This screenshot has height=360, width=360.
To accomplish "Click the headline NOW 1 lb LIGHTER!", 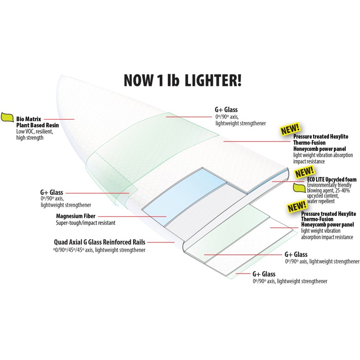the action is pyautogui.click(x=183, y=80).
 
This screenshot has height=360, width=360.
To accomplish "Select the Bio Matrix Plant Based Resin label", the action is pyautogui.click(x=37, y=122).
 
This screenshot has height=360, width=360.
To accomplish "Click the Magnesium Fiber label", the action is pyautogui.click(x=76, y=216).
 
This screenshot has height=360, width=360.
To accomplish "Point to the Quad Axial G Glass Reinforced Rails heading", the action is pyautogui.click(x=99, y=242).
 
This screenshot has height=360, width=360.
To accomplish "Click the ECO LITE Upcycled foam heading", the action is pyautogui.click(x=332, y=180).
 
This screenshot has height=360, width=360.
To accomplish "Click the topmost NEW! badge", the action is pyautogui.click(x=290, y=129).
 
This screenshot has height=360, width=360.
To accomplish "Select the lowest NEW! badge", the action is pyautogui.click(x=297, y=207).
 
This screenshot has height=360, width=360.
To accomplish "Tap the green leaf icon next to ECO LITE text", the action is pyautogui.click(x=300, y=187).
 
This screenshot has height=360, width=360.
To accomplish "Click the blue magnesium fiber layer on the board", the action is pyautogui.click(x=184, y=195).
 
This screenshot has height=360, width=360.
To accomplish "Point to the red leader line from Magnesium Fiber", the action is pyautogui.click(x=132, y=216).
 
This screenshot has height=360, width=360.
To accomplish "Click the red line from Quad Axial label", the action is pyautogui.click(x=161, y=242).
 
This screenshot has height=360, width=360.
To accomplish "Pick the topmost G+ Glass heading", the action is pyautogui.click(x=226, y=110).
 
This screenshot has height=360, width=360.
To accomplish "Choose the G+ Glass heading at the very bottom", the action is pyautogui.click(x=264, y=274).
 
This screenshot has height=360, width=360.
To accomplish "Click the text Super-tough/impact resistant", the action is pyautogui.click(x=85, y=223).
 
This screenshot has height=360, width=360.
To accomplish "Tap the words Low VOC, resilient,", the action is pyautogui.click(x=35, y=132).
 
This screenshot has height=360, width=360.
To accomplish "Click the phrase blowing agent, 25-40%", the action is pyautogui.click(x=328, y=190).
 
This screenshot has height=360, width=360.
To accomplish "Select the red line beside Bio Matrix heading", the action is pyautogui.click(x=59, y=119).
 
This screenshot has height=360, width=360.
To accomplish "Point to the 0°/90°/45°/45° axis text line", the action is pyautogui.click(x=99, y=250).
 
